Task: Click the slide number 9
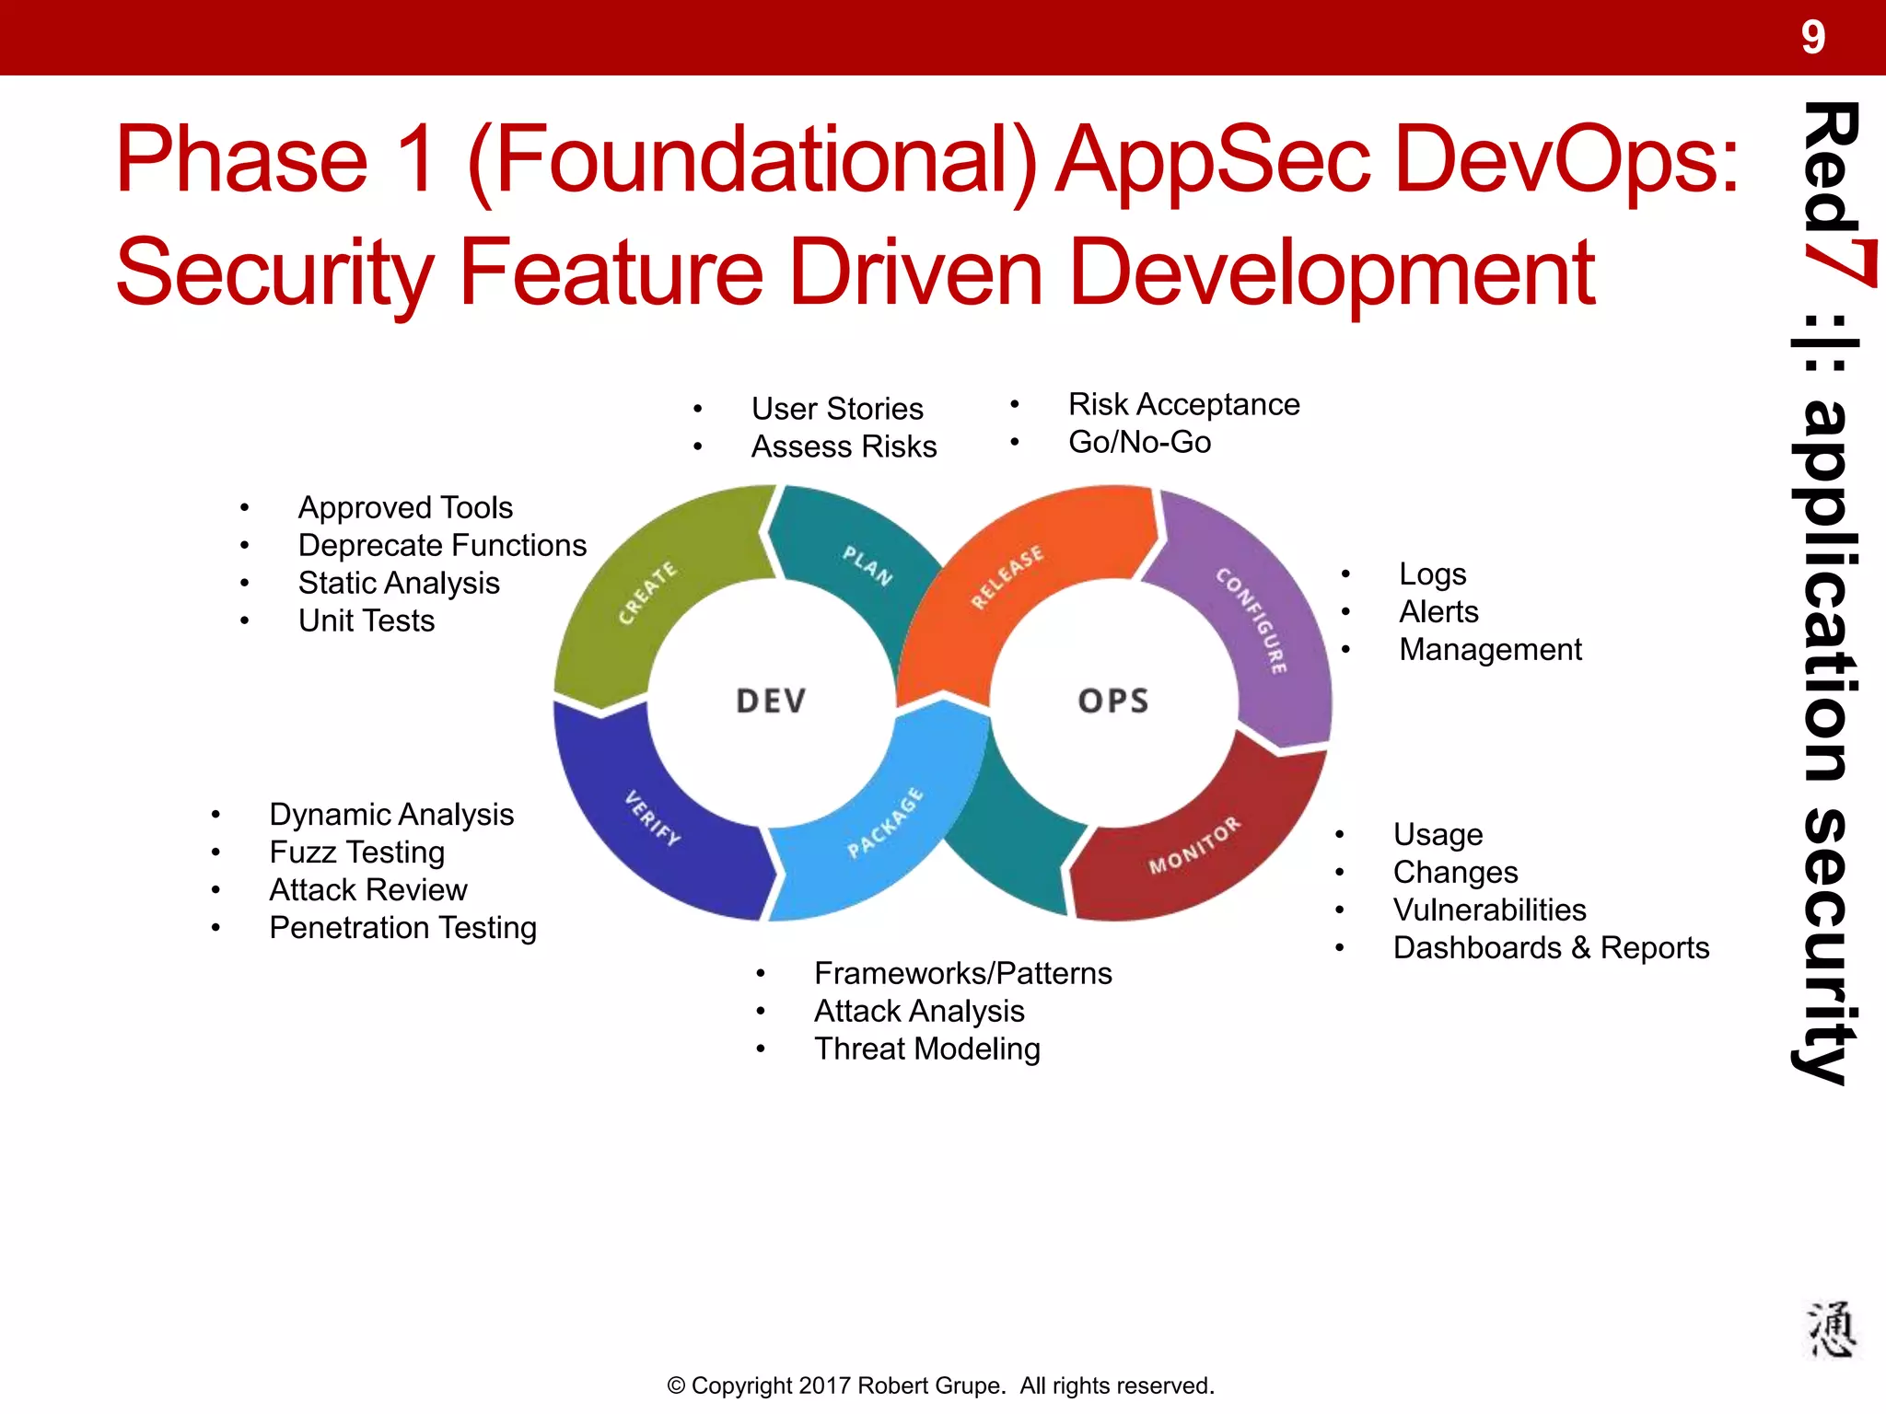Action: tap(1812, 38)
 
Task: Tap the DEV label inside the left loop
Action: tap(771, 701)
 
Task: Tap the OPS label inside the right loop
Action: tap(1113, 701)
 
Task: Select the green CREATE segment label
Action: tap(646, 593)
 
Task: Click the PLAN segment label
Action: tap(867, 565)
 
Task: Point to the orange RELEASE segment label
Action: tap(1007, 577)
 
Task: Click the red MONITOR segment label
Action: tap(1194, 845)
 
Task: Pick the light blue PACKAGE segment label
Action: tap(885, 822)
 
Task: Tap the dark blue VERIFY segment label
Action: tap(652, 817)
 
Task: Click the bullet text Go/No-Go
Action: tap(1139, 443)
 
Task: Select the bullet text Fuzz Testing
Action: tap(357, 852)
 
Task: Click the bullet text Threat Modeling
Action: tap(926, 1049)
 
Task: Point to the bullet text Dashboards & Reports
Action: tap(1551, 948)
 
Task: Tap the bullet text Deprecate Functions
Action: tap(442, 546)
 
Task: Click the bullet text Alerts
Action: tap(1438, 612)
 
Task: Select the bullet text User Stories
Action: tap(837, 409)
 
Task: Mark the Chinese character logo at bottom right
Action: tap(1830, 1330)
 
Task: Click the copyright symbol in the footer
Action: tap(676, 1386)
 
